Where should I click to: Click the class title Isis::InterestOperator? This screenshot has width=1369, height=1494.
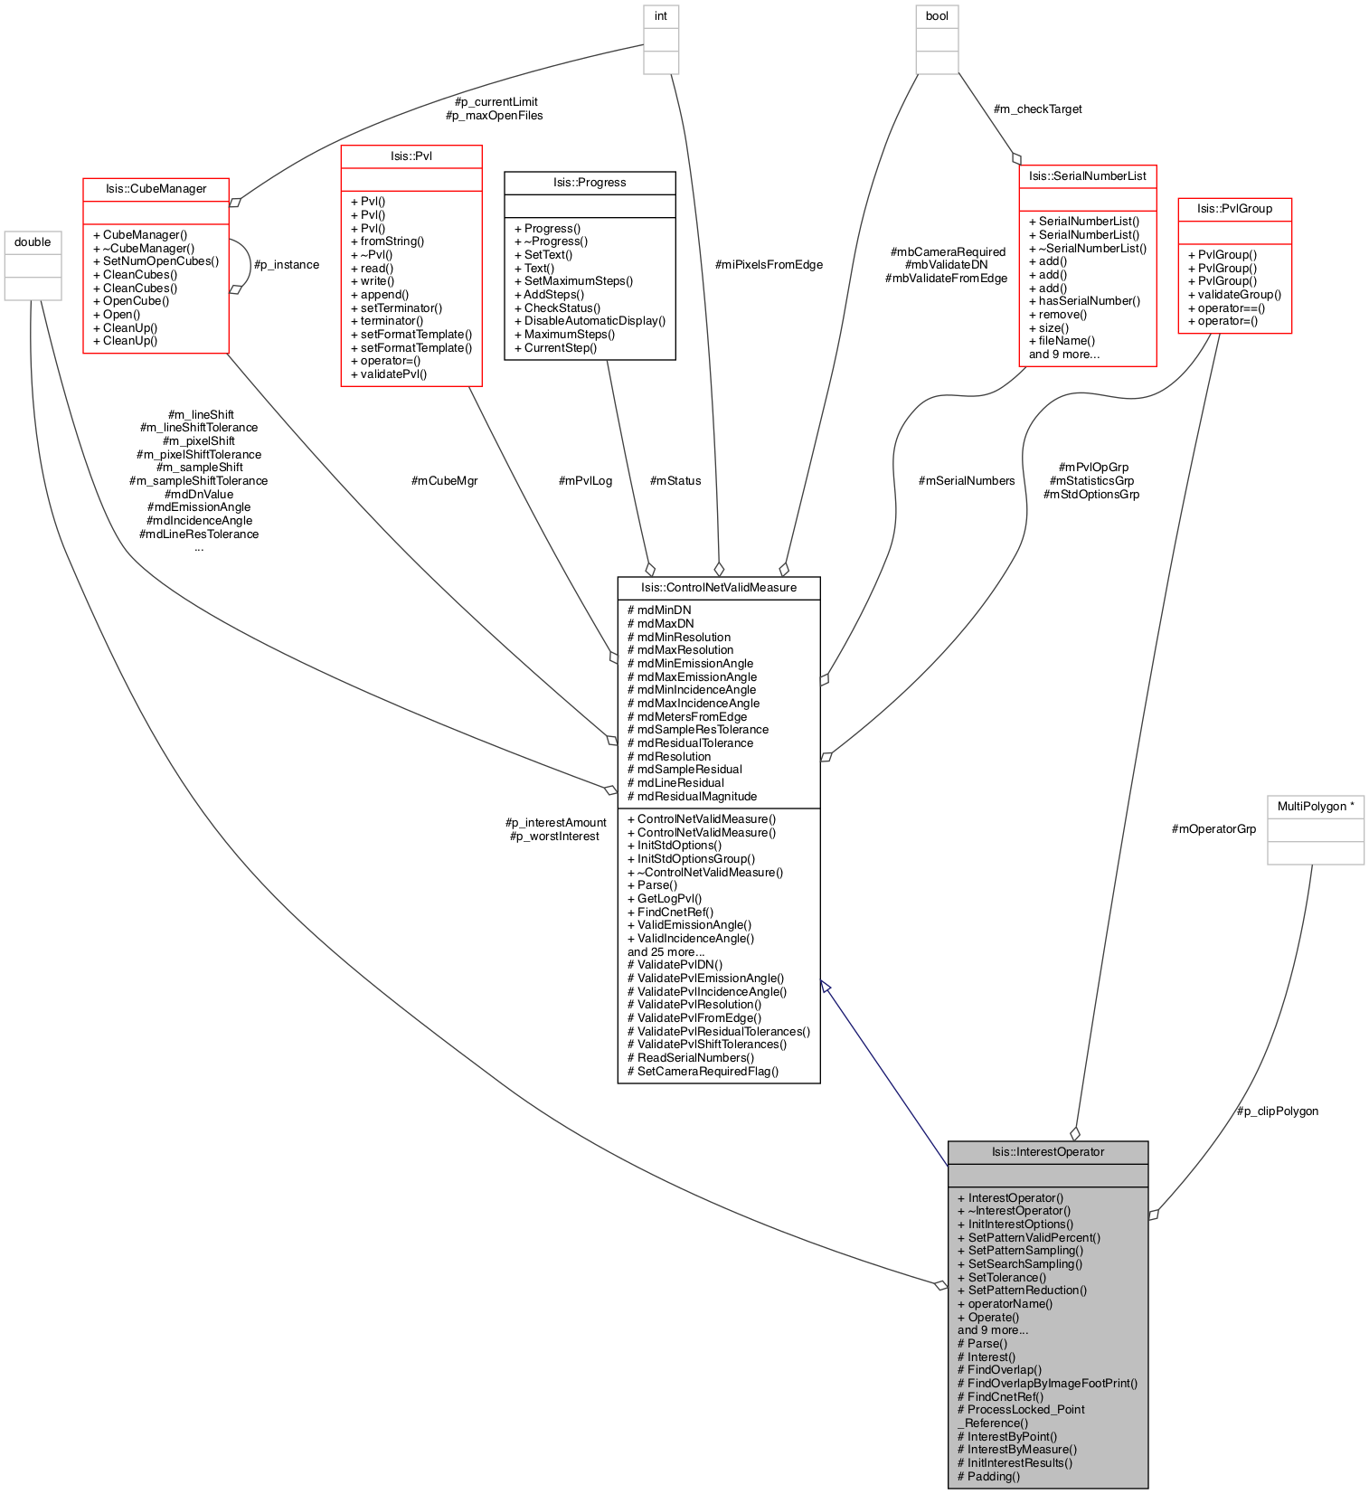[1047, 1152]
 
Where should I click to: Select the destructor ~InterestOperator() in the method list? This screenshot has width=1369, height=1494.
[1014, 1210]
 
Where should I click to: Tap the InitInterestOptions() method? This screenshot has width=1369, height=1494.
[1015, 1224]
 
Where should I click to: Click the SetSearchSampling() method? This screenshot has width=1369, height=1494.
[1019, 1263]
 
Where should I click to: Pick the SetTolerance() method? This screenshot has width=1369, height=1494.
[1001, 1277]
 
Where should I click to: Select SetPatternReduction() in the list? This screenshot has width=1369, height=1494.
[1022, 1291]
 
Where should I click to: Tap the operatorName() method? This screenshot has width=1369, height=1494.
[1005, 1303]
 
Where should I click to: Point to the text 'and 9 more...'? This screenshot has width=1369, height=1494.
[993, 1329]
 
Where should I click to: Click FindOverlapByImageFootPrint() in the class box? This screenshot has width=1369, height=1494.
[1047, 1383]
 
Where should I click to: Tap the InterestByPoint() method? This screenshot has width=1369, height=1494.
[1006, 1436]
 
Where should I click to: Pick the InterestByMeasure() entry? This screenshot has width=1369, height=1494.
[1016, 1449]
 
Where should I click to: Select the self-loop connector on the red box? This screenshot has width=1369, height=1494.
[249, 265]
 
